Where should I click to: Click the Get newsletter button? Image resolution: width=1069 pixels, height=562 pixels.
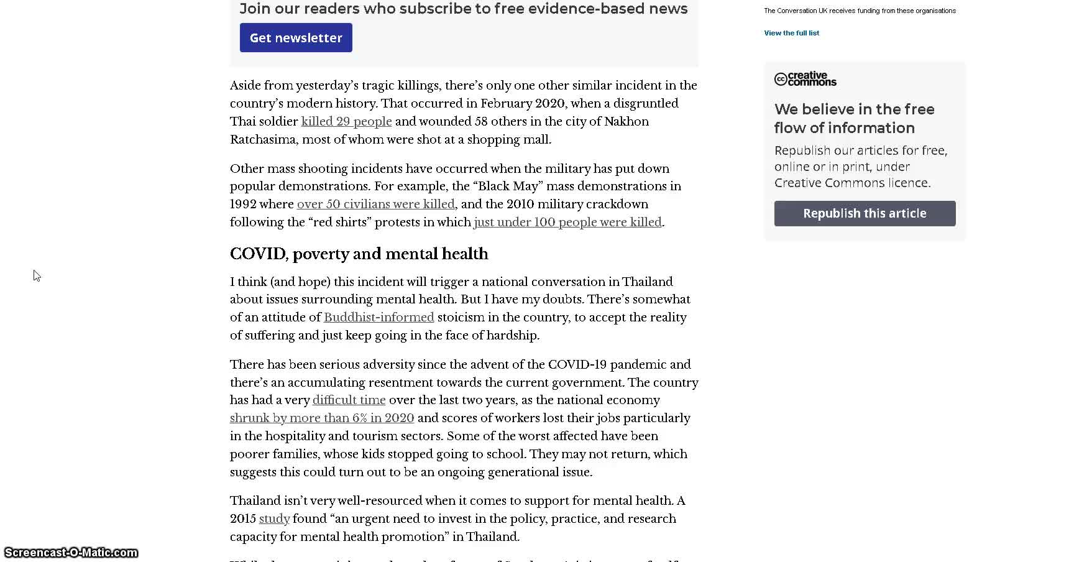(296, 38)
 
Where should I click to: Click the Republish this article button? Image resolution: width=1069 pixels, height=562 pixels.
(865, 213)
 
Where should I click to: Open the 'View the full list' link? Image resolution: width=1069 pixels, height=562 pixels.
(791, 33)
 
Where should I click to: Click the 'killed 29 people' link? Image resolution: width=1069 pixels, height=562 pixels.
(346, 121)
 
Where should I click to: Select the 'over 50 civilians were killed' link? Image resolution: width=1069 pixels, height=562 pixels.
(375, 204)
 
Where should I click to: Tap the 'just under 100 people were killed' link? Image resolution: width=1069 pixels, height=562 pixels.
(567, 222)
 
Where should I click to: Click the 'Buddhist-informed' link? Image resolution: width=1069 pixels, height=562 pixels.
(379, 317)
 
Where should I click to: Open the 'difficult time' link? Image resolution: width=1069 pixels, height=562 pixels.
(349, 400)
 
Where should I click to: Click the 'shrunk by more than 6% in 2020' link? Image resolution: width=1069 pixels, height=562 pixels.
(322, 418)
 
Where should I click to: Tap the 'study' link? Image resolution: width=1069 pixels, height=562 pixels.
(274, 518)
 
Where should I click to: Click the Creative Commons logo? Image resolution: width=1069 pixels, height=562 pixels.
(805, 79)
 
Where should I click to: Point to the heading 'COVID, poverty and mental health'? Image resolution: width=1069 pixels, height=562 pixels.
(359, 254)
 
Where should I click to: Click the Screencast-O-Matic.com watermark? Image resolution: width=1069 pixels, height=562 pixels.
(71, 553)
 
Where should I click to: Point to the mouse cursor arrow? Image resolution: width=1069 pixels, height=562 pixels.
(37, 275)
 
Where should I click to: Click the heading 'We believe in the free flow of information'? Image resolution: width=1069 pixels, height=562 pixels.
(854, 118)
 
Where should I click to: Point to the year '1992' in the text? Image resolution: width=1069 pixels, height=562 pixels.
(243, 204)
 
